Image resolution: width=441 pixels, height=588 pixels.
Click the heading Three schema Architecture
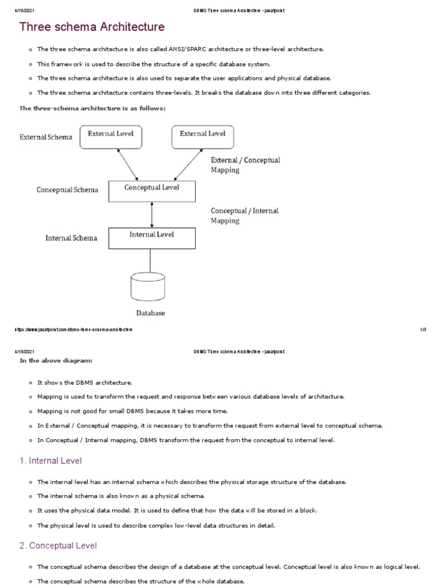point(92,27)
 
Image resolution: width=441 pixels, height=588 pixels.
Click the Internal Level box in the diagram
point(152,238)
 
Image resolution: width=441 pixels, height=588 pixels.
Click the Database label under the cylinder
point(150,314)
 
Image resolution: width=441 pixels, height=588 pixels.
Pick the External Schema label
point(46,137)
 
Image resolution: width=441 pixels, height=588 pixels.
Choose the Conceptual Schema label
point(67,190)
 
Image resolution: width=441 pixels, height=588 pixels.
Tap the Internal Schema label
point(71,238)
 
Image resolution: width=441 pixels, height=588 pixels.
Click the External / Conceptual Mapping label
point(245,165)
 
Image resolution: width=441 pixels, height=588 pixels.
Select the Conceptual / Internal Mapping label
point(245,215)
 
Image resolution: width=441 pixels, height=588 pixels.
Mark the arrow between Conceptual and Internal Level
point(152,214)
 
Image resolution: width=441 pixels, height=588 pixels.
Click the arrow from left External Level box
point(127,164)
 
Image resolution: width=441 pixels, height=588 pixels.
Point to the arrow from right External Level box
point(184,164)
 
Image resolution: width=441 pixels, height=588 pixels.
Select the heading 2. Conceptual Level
point(58,546)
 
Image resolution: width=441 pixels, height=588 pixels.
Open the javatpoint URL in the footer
point(74,330)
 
